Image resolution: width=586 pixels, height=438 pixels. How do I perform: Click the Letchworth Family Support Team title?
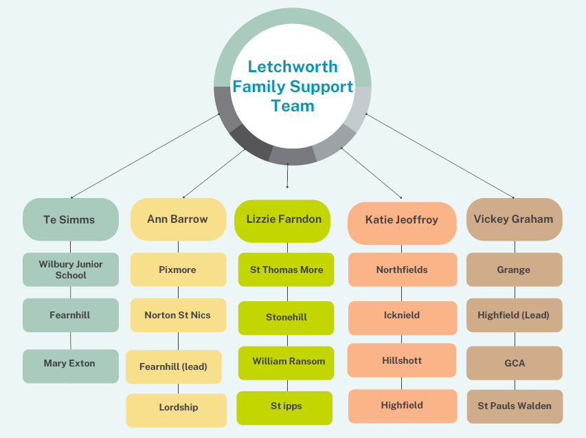click(293, 86)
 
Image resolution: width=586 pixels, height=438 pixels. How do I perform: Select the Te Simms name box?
click(70, 219)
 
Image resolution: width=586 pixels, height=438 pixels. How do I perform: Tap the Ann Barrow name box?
click(178, 219)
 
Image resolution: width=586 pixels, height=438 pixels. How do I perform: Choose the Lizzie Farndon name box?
click(284, 219)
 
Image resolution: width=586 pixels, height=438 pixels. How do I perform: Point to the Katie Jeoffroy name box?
click(402, 221)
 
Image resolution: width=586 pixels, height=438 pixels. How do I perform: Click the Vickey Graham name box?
click(514, 219)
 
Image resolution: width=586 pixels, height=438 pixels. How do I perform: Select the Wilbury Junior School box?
click(70, 270)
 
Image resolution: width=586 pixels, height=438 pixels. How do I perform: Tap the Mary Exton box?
click(70, 364)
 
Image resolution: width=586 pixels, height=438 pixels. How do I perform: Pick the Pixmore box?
click(178, 270)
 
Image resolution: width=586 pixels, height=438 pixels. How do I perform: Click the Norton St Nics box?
click(178, 316)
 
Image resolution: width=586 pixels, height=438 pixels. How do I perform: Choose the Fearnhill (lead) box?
click(174, 367)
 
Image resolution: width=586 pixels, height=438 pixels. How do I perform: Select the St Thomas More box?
click(286, 270)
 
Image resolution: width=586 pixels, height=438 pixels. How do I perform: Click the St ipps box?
click(285, 406)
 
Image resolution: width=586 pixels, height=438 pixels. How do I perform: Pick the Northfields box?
click(402, 270)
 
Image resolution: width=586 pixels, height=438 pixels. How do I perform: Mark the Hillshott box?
click(402, 361)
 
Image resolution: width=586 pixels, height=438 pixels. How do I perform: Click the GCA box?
click(514, 363)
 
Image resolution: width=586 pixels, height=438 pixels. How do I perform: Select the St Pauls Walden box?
click(514, 406)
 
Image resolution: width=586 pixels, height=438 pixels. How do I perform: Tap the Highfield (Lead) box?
click(514, 316)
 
